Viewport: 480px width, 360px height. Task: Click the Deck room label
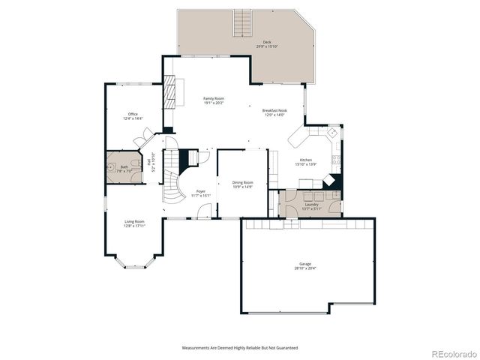tap(267, 42)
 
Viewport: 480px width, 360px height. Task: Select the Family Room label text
tap(214, 98)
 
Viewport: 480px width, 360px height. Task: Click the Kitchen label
tap(305, 160)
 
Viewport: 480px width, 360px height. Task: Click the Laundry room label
tap(310, 204)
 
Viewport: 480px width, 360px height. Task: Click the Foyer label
tap(201, 191)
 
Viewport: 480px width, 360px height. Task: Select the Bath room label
tap(124, 166)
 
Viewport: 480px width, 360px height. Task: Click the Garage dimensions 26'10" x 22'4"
tap(305, 268)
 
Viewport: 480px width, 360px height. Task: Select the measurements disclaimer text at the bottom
tap(239, 348)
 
